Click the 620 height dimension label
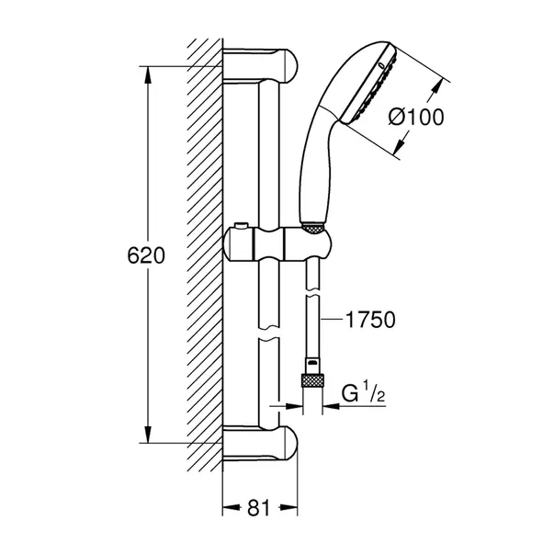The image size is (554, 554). click(146, 256)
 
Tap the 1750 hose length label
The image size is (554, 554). click(370, 321)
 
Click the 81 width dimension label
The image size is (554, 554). click(261, 505)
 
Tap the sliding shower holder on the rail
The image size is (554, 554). click(276, 246)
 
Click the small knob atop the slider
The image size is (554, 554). click(241, 225)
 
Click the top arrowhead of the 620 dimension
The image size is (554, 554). click(146, 73)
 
